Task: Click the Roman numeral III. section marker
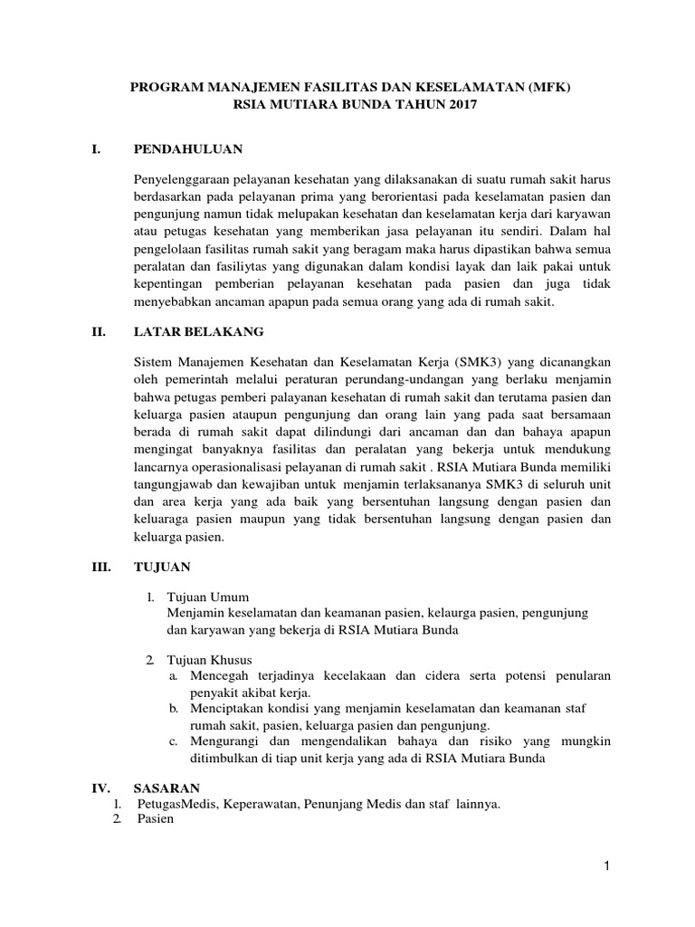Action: point(100,567)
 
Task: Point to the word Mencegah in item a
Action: point(217,675)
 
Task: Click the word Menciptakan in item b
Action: point(224,709)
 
